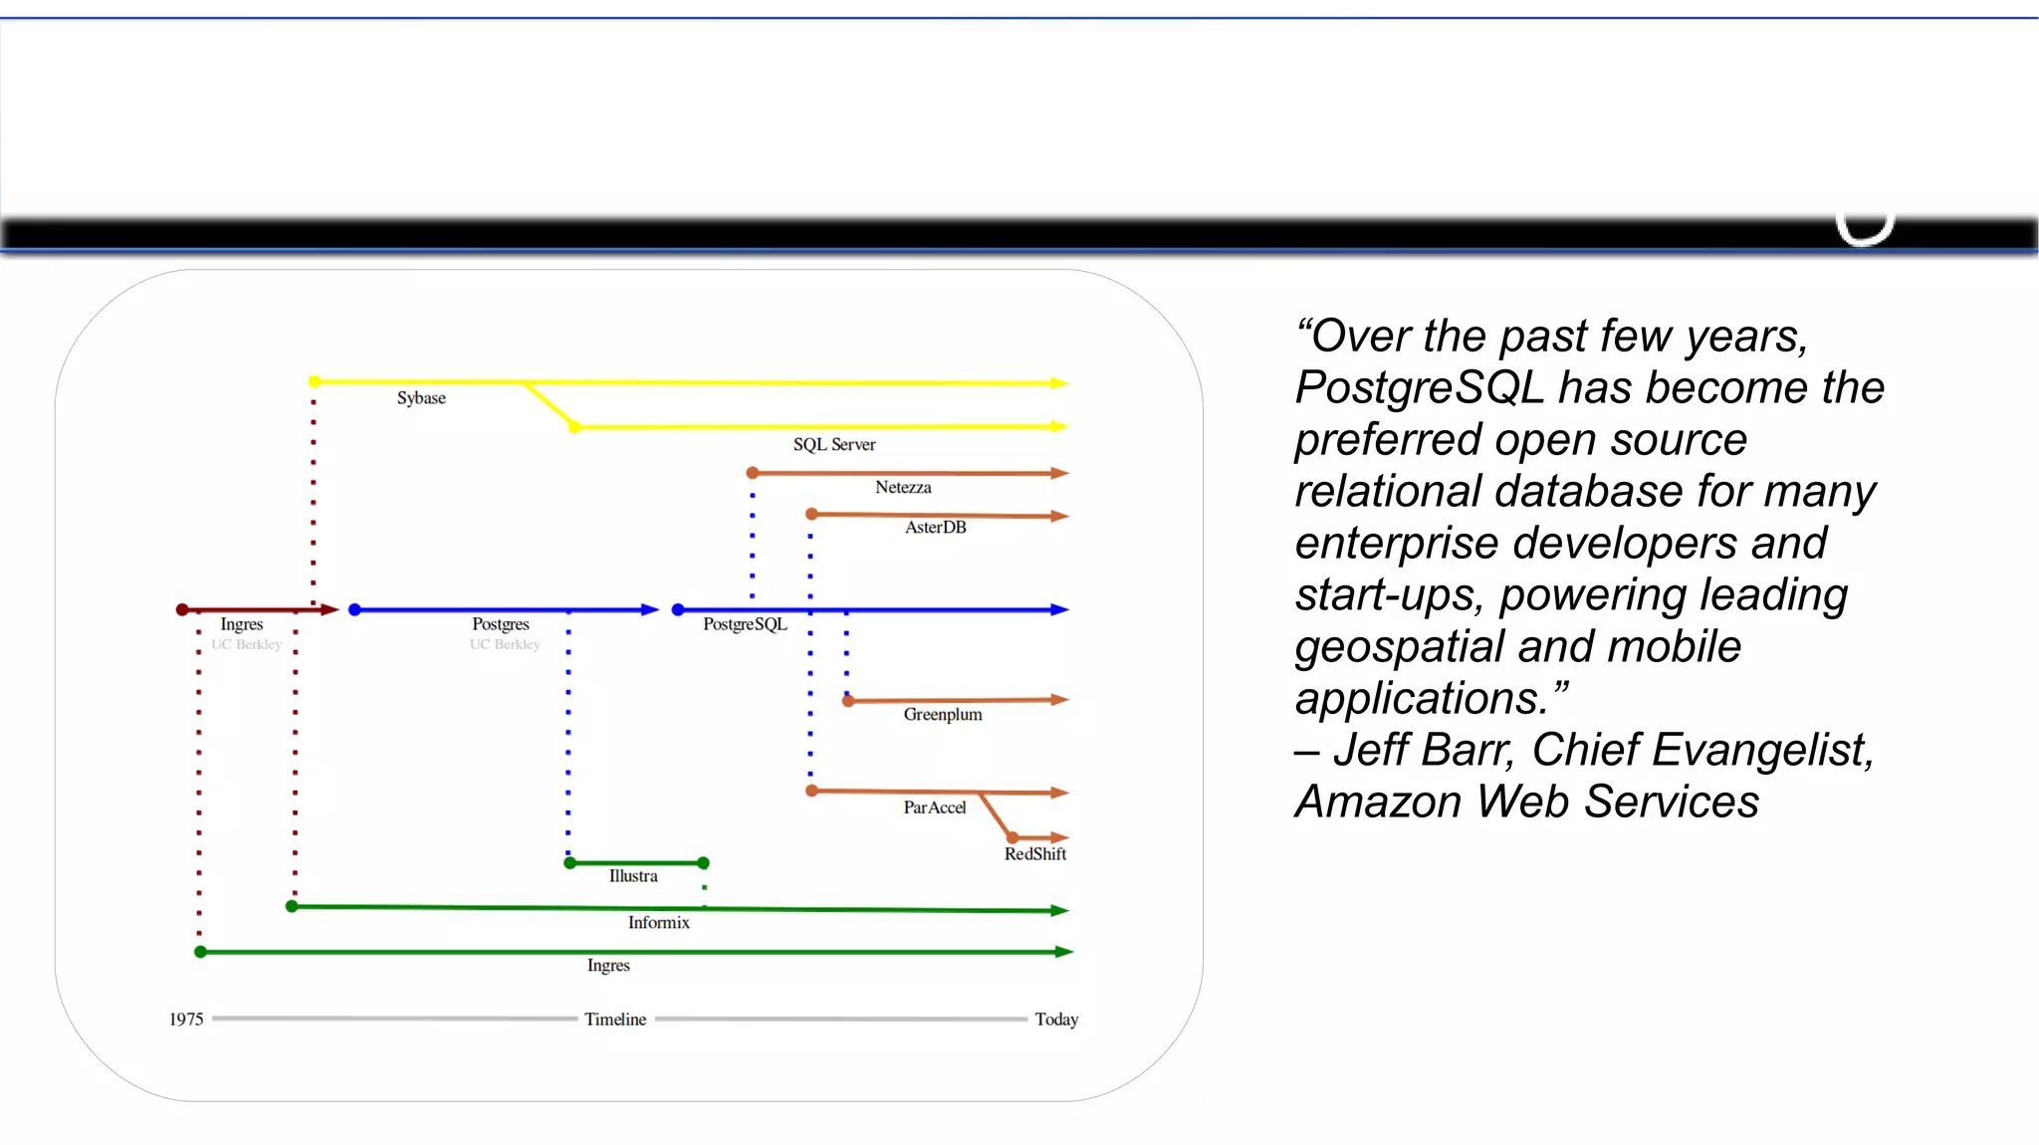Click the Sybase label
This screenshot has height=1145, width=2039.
point(421,398)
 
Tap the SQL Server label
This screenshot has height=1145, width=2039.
point(834,444)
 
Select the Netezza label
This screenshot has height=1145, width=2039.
point(903,487)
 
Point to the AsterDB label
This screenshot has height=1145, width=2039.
point(935,527)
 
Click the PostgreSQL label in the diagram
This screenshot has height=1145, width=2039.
point(745,624)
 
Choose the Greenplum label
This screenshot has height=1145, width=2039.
point(942,714)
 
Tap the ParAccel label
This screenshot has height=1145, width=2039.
point(934,807)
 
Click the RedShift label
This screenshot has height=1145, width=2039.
point(1034,854)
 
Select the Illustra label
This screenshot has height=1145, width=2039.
point(633,876)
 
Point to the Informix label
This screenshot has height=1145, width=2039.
point(658,923)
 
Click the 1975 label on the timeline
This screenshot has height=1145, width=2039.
point(186,1020)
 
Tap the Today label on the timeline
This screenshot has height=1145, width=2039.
point(1055,1020)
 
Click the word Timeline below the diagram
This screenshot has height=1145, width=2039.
point(615,1020)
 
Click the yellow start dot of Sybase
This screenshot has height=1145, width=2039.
point(315,381)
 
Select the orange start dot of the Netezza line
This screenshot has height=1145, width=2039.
point(753,473)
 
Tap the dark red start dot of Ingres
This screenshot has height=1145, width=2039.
point(182,609)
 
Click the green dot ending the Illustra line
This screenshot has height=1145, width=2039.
point(703,862)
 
